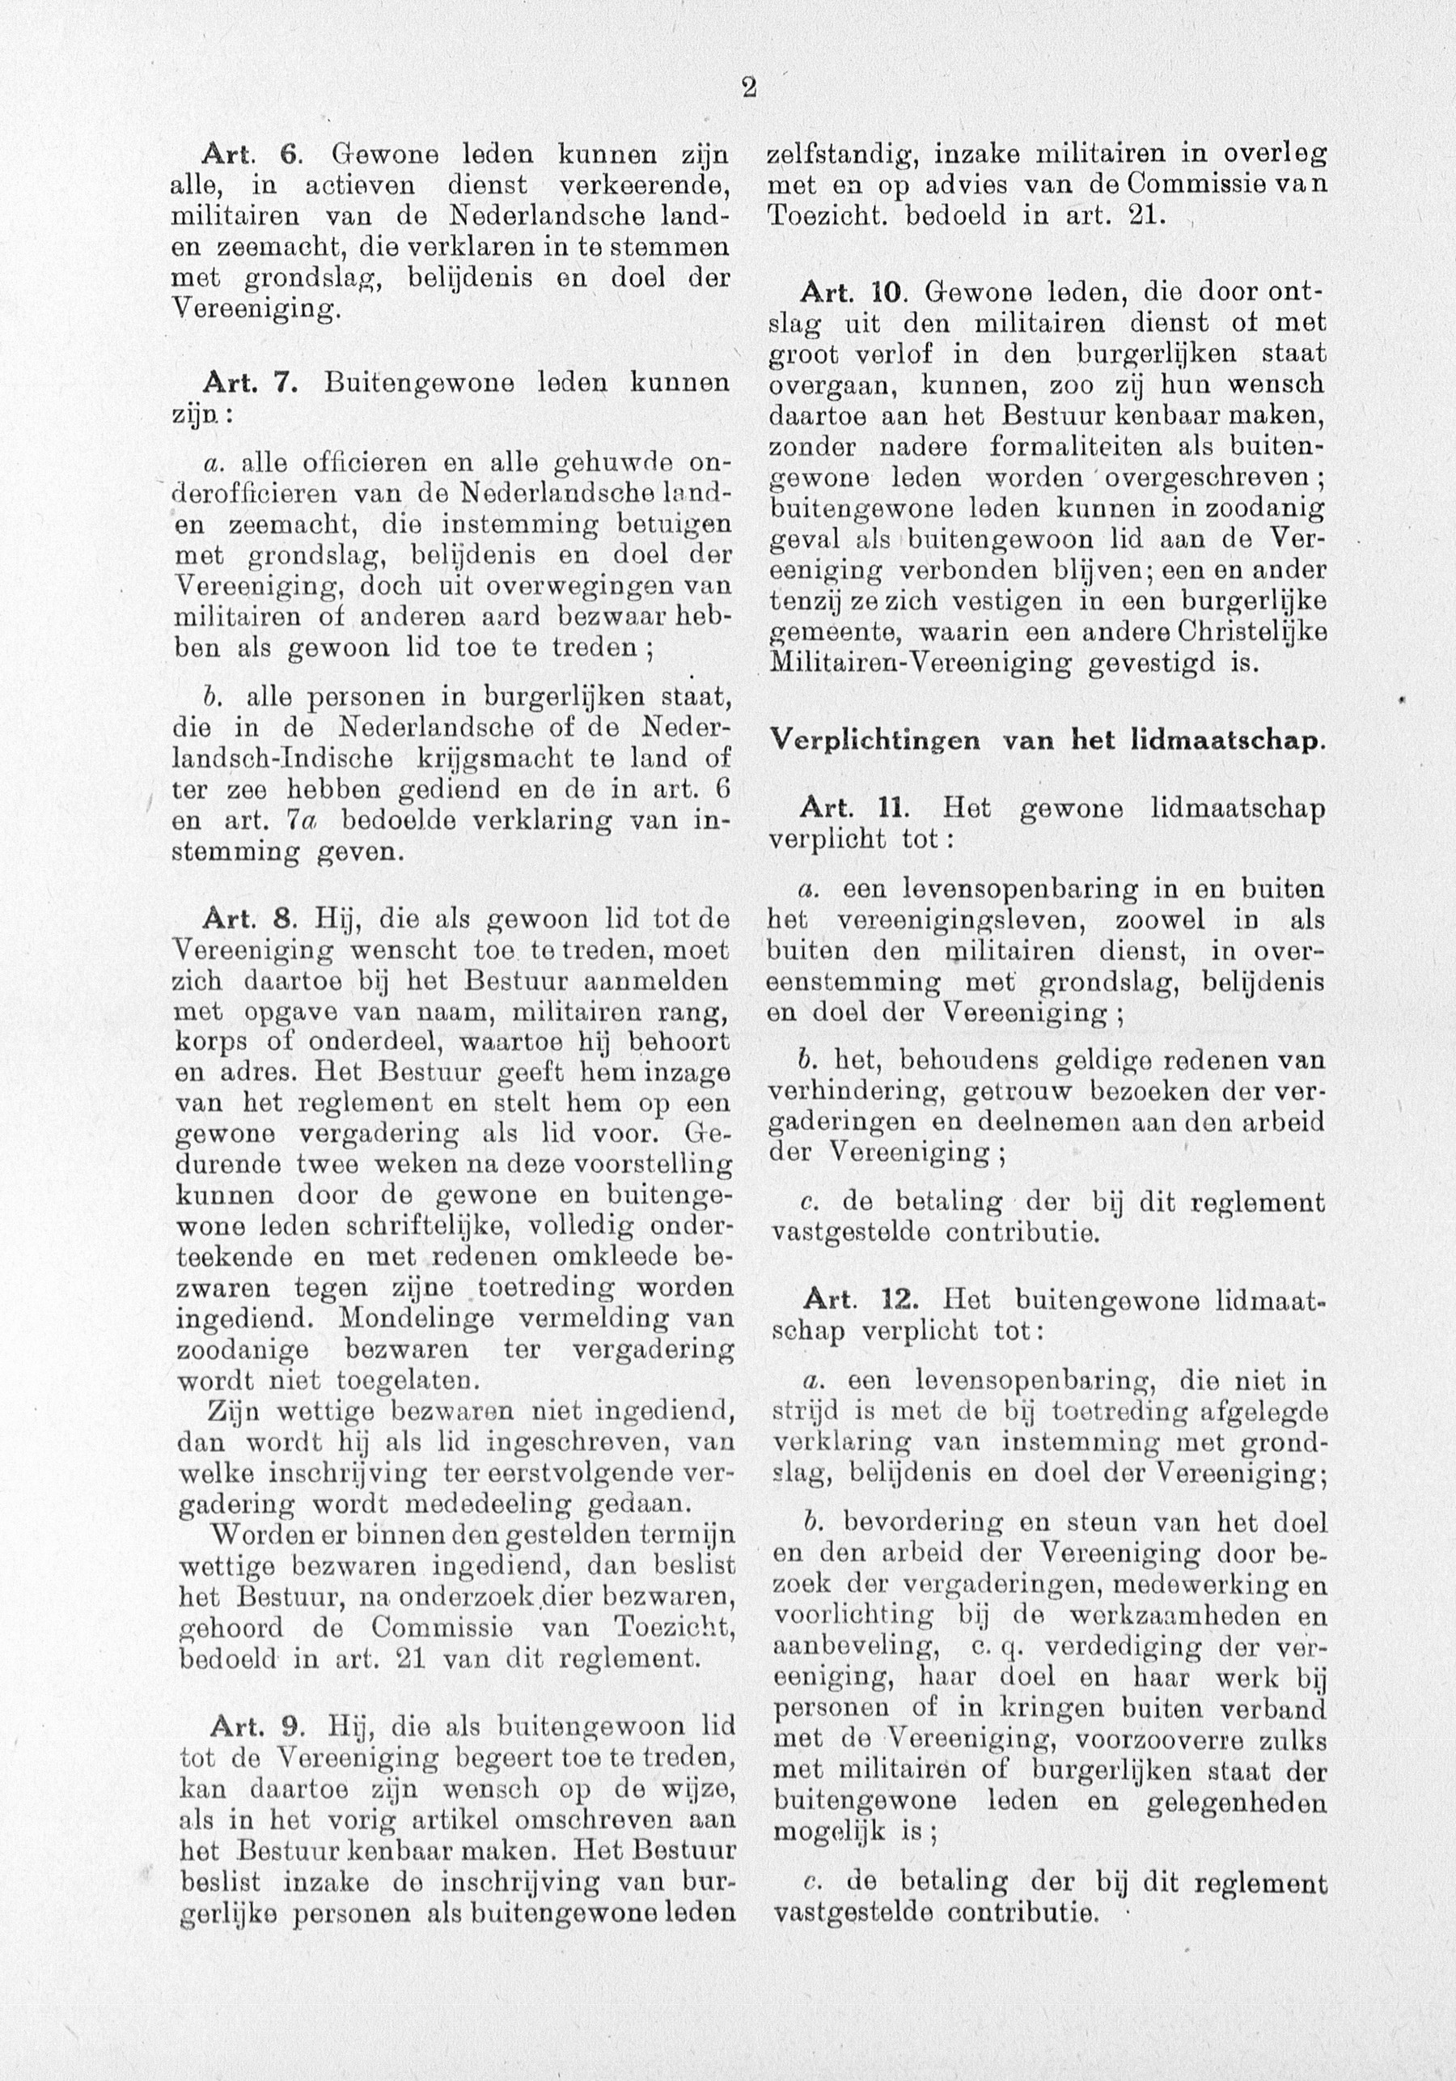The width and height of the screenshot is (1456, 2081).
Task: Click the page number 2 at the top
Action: [x=748, y=88]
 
